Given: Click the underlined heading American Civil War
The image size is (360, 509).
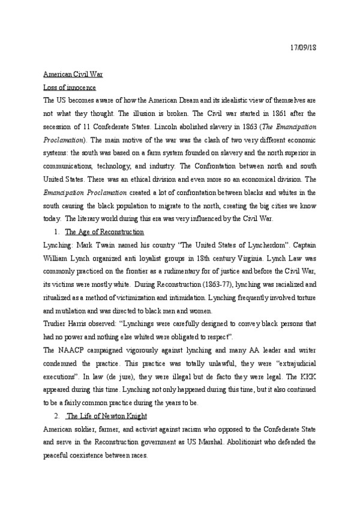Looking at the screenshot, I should [x=73, y=75].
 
